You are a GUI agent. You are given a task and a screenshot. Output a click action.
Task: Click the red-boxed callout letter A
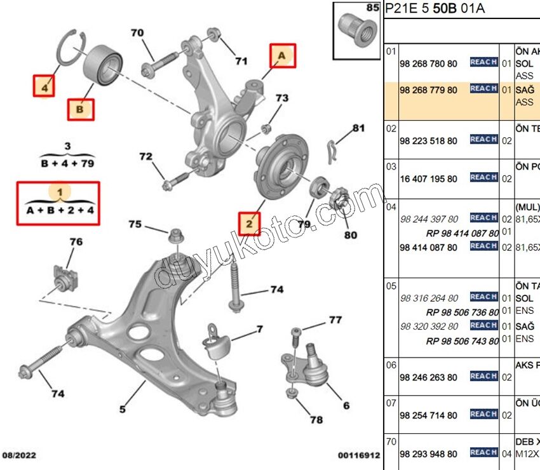click(x=281, y=57)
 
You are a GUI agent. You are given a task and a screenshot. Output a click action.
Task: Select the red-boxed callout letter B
click(x=80, y=109)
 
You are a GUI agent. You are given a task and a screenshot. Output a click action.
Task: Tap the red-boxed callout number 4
click(x=44, y=87)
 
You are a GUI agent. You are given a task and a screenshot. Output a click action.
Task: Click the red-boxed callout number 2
click(x=249, y=223)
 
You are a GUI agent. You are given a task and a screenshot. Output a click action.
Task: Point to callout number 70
click(x=138, y=33)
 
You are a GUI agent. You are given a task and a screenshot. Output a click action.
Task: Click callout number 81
click(x=359, y=128)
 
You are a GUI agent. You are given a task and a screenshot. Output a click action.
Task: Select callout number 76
click(x=76, y=242)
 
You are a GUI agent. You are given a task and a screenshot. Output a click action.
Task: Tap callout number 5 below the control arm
click(x=123, y=408)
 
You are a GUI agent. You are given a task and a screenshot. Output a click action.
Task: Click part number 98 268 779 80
click(x=428, y=90)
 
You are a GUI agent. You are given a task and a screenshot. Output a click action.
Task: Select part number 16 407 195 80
click(x=428, y=179)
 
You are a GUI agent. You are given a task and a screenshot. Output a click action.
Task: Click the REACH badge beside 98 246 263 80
click(x=483, y=377)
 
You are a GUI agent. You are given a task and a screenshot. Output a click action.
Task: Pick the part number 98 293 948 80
click(x=428, y=454)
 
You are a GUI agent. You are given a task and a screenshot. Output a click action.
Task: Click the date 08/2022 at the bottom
click(x=21, y=455)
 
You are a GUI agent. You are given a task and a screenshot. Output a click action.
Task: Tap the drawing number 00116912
click(x=358, y=455)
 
